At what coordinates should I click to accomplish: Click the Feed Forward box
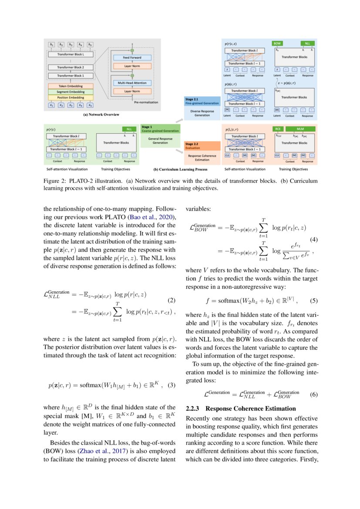coord(132,57)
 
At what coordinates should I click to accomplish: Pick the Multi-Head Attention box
coord(132,83)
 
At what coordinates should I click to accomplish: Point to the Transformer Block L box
coord(71,54)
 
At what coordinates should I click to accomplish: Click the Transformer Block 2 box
coord(71,67)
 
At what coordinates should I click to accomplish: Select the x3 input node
coord(71,105)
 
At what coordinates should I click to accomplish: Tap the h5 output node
coord(90,45)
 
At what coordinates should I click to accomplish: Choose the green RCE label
coord(277,129)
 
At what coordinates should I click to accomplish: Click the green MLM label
coord(300,129)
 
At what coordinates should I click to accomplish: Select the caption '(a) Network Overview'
coord(101,115)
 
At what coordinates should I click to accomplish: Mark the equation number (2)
coord(172,300)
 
